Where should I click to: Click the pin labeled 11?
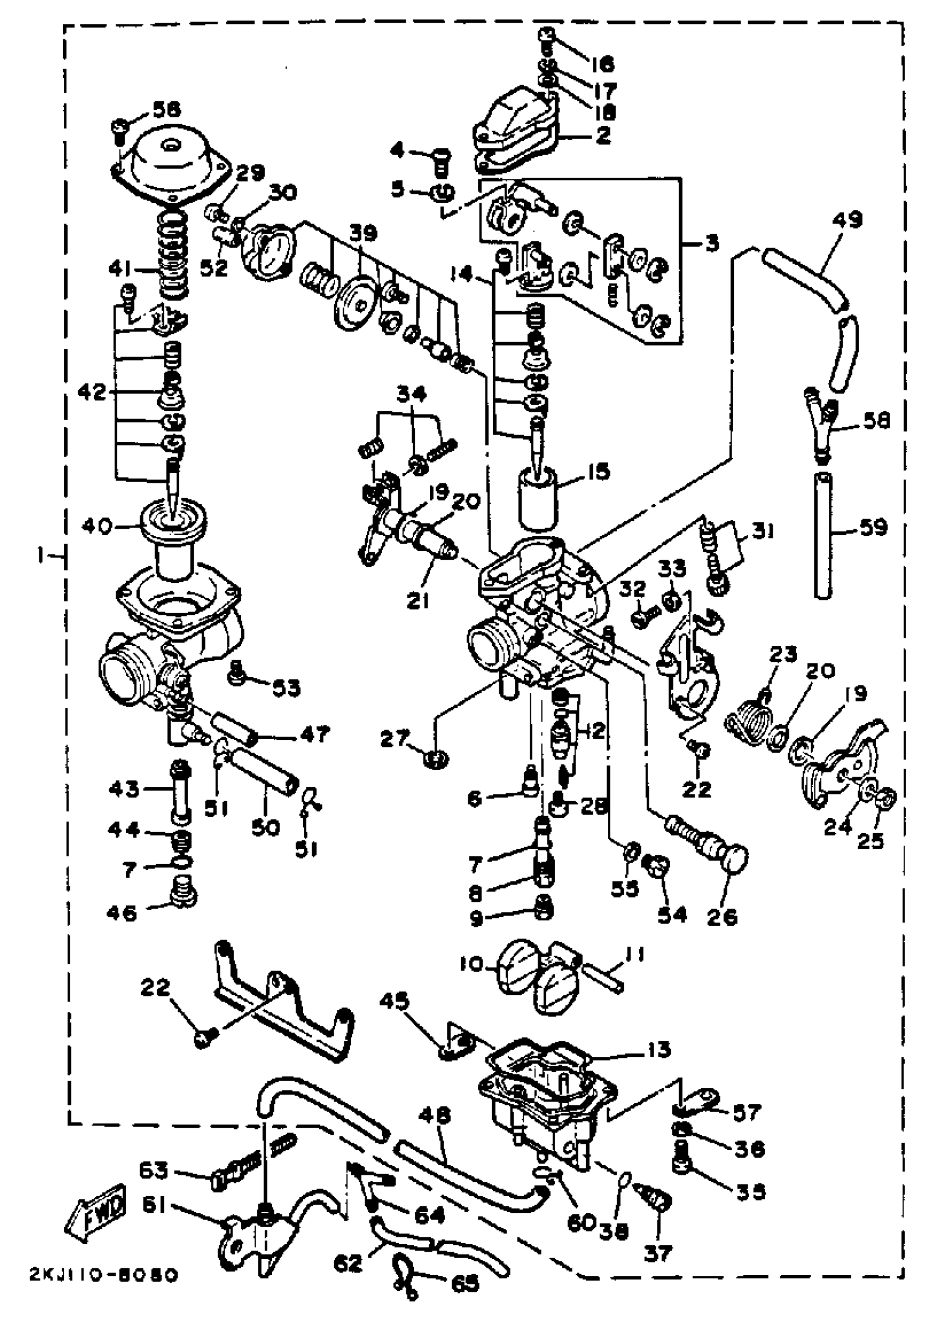tap(603, 979)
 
